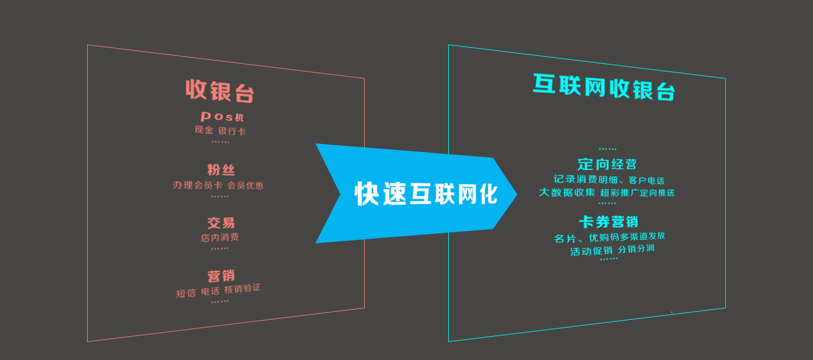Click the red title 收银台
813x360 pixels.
[220, 91]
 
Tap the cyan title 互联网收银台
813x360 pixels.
[604, 87]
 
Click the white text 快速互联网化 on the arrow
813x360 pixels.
[426, 194]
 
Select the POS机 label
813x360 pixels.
[222, 117]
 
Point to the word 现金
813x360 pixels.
[204, 130]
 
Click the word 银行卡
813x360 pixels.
[232, 131]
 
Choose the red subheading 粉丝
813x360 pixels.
[221, 170]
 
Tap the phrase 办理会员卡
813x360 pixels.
[197, 185]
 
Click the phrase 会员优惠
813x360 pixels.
[245, 185]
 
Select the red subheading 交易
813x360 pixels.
[221, 223]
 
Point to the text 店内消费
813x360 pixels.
[220, 237]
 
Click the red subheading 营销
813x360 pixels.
[221, 276]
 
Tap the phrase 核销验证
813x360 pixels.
[243, 289]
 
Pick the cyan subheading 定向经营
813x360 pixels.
[607, 164]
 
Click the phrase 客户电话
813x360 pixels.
[646, 181]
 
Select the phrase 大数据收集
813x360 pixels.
[567, 192]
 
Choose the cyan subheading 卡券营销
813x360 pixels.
[609, 222]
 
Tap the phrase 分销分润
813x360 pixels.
[636, 249]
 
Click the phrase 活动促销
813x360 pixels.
[591, 251]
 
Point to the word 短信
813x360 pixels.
[186, 293]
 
